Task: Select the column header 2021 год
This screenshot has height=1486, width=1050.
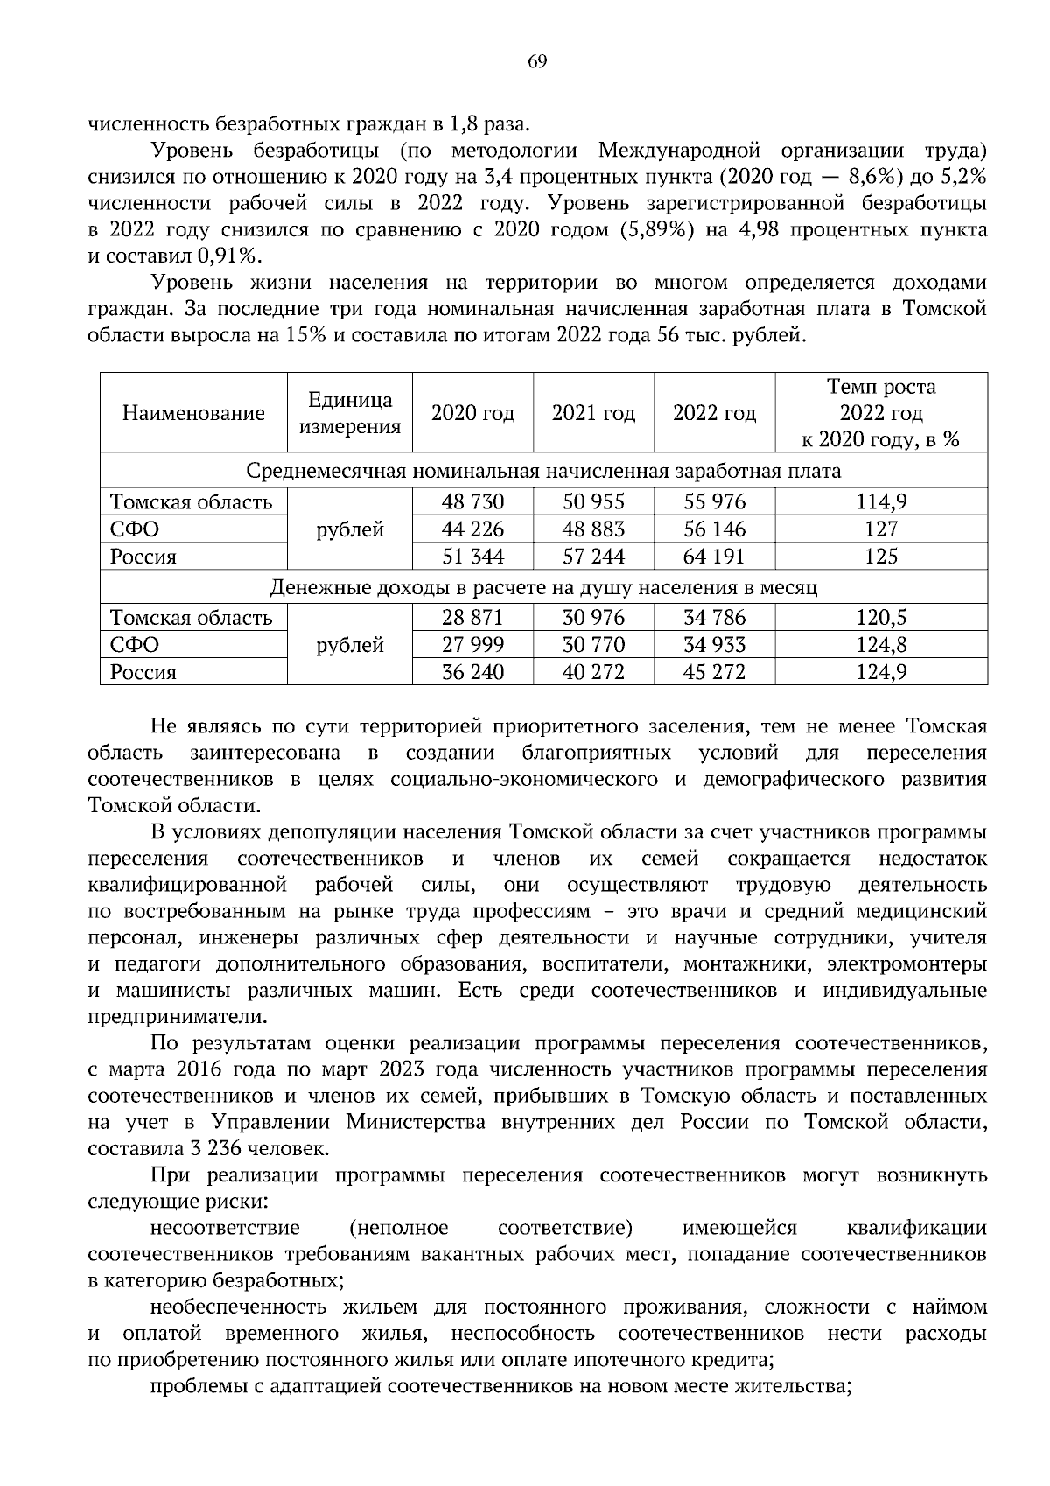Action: click(x=593, y=413)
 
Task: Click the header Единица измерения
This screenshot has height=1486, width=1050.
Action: click(x=350, y=413)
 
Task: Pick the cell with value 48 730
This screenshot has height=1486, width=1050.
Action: click(x=472, y=501)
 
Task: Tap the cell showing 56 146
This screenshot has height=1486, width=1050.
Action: click(x=714, y=529)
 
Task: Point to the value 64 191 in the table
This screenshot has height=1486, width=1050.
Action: click(x=714, y=557)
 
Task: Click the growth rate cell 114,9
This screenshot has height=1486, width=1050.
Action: click(x=881, y=501)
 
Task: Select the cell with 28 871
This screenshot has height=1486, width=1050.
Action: click(x=472, y=618)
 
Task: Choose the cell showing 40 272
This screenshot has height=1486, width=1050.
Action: click(x=593, y=672)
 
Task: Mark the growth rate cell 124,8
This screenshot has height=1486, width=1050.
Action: click(x=881, y=645)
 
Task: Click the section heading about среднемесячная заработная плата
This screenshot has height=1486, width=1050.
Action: click(x=543, y=472)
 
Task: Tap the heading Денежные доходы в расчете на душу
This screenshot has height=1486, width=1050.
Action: click(x=543, y=588)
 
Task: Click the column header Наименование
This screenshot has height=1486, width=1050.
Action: click(x=193, y=413)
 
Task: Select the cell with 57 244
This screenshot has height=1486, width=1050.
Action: click(x=593, y=557)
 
